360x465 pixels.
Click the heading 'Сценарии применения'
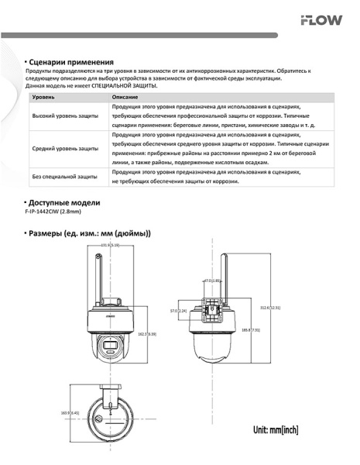coord(71,61)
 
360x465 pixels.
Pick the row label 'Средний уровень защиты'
coord(64,148)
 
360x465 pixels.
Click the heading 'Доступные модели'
coord(65,202)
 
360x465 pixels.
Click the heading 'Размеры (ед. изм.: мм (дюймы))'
coord(90,233)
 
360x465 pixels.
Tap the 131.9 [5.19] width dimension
coord(109,245)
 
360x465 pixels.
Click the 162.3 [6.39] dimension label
coord(147,334)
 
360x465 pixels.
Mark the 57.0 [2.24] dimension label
coord(179,311)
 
